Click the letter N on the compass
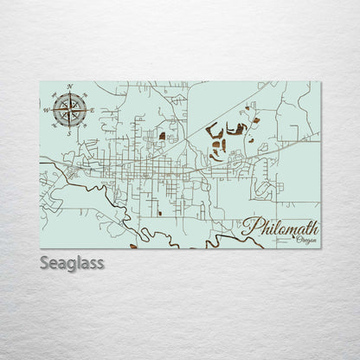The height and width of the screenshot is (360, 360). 68,87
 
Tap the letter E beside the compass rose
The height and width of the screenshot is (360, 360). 92,110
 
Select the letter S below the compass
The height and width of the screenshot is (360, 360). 68,133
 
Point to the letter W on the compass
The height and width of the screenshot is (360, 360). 45,110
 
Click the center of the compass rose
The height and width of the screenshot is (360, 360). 68,110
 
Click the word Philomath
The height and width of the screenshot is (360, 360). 280,228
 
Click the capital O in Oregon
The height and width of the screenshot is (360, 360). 297,241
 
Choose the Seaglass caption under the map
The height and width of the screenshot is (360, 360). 72,262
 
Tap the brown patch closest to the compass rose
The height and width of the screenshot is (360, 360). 162,136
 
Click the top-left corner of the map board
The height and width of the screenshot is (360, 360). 41,82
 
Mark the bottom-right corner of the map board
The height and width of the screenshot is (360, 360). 320,247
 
